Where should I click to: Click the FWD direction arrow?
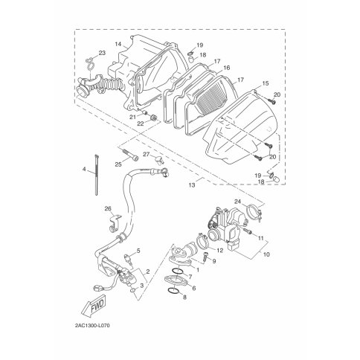click(x=94, y=306)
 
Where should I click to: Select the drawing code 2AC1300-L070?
click(x=91, y=326)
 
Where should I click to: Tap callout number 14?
click(x=118, y=44)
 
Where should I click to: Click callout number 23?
click(x=102, y=53)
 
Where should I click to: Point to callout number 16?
click(x=227, y=68)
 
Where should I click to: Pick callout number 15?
click(x=265, y=83)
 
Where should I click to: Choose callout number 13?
click(x=192, y=185)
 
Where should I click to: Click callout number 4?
click(x=84, y=170)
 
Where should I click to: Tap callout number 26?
click(x=108, y=208)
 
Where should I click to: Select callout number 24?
click(x=237, y=202)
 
